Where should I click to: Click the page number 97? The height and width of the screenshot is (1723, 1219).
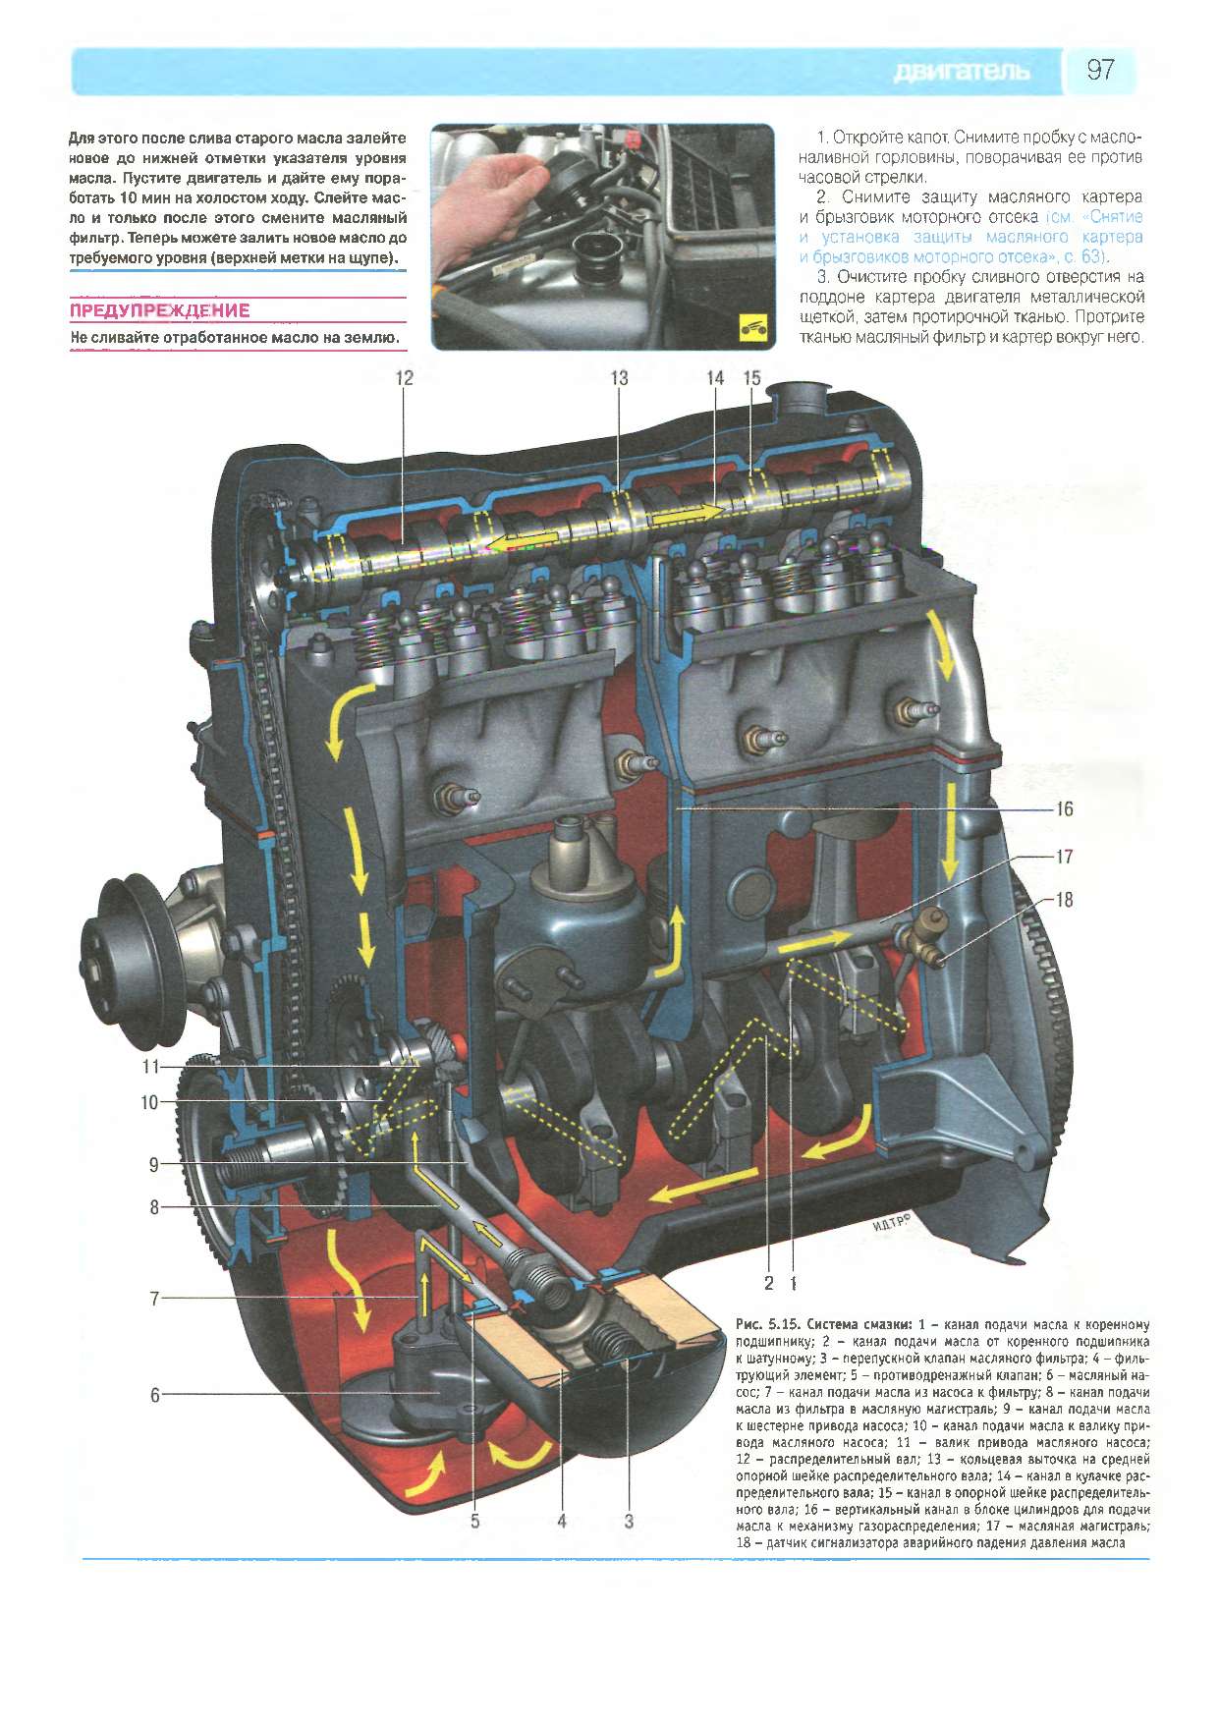pos(1100,71)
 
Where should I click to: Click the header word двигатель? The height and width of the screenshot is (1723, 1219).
pos(962,72)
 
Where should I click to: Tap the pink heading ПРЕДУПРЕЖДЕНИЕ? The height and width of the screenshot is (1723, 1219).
pos(160,311)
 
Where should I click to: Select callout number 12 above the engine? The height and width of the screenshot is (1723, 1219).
pos(405,377)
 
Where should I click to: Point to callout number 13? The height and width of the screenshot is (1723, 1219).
pos(619,377)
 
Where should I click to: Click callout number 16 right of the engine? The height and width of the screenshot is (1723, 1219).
pos(1065,809)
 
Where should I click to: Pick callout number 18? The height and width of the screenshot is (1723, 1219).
pos(1065,899)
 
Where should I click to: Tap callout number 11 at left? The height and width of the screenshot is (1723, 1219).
pos(149,1066)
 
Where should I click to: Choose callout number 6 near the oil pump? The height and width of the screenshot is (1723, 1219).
pos(154,1394)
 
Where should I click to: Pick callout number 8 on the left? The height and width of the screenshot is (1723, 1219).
pos(154,1206)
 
